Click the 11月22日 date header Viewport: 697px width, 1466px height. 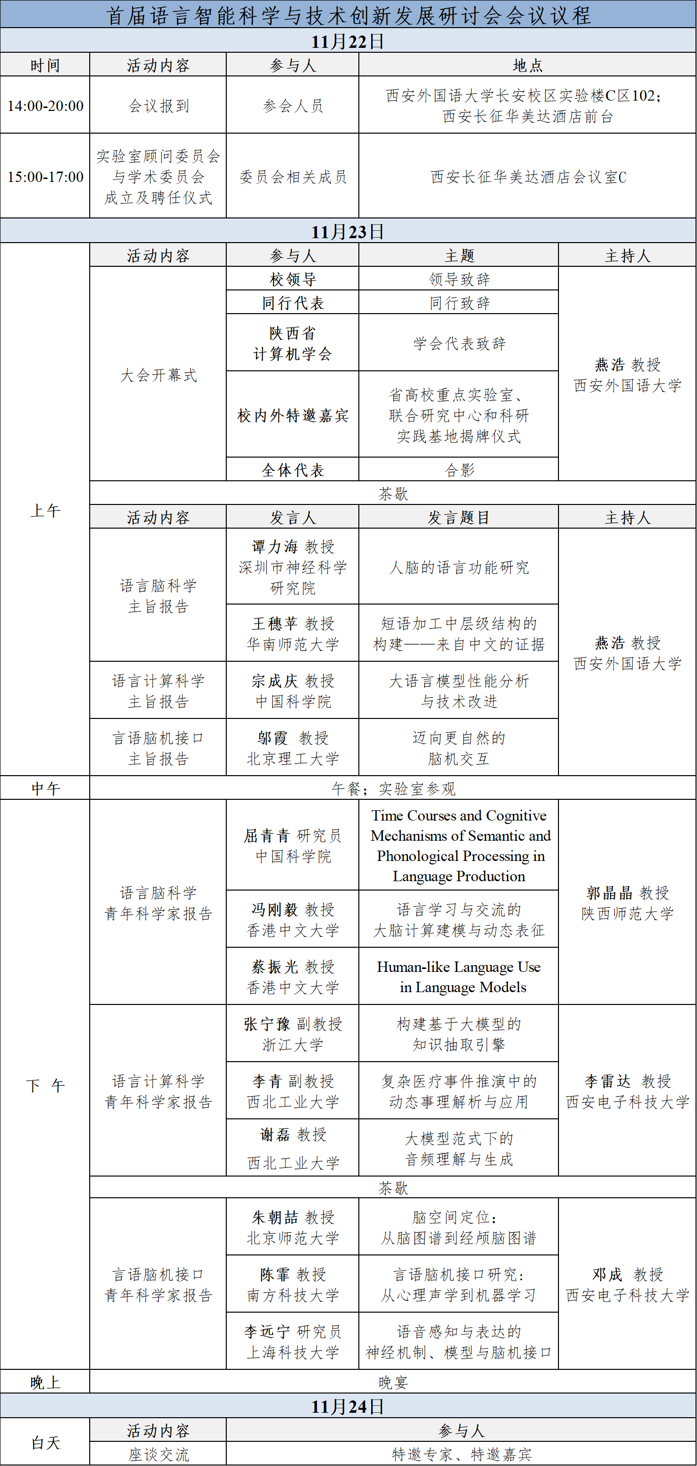(348, 41)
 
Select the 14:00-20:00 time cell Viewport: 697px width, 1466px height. (45, 106)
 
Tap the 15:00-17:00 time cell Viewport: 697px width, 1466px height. (45, 177)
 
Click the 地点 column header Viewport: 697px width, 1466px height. (527, 66)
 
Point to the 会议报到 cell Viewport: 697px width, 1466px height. (158, 106)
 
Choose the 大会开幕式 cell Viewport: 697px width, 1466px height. (158, 375)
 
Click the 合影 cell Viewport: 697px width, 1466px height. (458, 470)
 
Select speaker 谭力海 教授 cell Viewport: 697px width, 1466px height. (292, 567)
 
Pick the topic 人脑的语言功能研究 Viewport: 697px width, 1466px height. (458, 567)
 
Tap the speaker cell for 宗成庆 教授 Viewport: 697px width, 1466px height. (292, 691)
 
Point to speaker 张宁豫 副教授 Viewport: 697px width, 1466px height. (292, 1034)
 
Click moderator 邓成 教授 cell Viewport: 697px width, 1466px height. (627, 1285)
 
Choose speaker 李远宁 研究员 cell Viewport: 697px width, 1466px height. (292, 1341)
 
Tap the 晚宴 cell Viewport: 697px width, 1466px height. (392, 1382)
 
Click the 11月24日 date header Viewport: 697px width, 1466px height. (348, 1406)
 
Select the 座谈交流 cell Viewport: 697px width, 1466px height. (158, 1454)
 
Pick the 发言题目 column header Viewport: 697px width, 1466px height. (458, 517)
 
